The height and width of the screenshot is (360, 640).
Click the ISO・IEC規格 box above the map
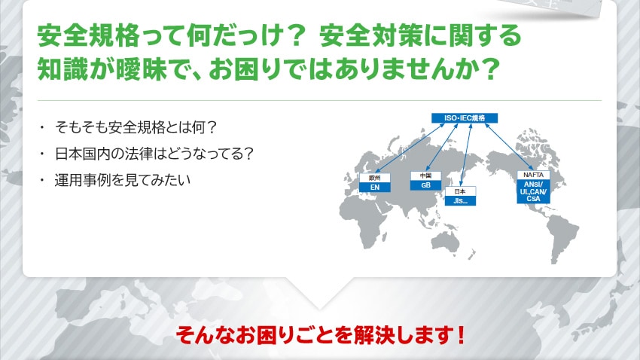(465, 118)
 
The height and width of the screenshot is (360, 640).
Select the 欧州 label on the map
(375, 178)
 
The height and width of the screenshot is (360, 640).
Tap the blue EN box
(375, 188)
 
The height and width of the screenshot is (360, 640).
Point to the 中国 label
(425, 175)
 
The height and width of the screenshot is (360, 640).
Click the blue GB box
(425, 185)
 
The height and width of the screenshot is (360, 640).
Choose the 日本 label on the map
(460, 191)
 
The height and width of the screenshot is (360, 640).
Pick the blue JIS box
(460, 201)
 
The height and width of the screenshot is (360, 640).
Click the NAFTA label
(533, 175)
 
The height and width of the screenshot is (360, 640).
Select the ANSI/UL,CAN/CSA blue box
(533, 191)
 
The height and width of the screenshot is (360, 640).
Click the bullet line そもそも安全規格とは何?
(135, 128)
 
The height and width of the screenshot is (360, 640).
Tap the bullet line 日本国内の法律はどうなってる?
(154, 154)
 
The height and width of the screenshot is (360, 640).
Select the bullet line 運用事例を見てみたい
(123, 180)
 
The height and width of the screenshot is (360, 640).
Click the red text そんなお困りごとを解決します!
(320, 335)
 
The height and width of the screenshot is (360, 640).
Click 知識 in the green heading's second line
(62, 69)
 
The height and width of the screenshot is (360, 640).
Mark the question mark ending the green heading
(488, 69)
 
